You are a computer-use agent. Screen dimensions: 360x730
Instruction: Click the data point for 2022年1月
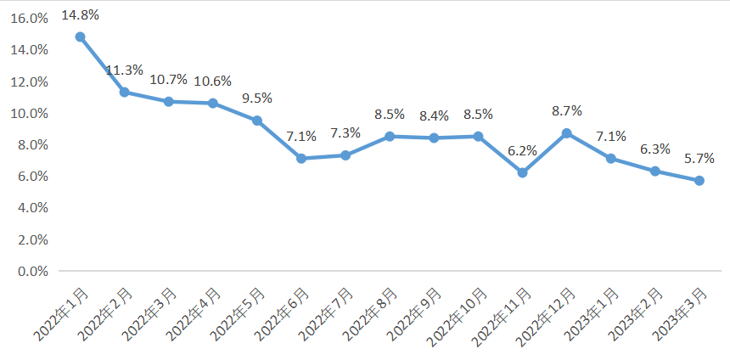[x=80, y=37]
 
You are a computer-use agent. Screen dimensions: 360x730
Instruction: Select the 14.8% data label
[x=81, y=14]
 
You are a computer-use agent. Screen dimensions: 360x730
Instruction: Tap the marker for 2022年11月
[x=522, y=172]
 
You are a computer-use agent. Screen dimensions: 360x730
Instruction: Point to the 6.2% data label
[x=522, y=150]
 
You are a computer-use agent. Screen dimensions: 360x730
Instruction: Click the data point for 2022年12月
[x=566, y=133]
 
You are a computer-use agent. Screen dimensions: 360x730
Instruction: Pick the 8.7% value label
[x=566, y=110]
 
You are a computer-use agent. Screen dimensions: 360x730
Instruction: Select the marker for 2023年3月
[x=699, y=180]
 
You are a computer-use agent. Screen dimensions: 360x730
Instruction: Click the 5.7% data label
[x=699, y=158]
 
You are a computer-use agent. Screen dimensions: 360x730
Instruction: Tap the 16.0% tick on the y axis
[x=30, y=19]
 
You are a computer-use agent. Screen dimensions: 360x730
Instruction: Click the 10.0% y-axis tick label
[x=30, y=114]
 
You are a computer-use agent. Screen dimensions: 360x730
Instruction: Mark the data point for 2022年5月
[x=256, y=121]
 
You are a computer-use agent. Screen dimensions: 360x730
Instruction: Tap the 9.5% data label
[x=256, y=98]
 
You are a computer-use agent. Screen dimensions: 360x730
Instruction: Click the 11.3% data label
[x=125, y=70]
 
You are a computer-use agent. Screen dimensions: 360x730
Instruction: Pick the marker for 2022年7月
[x=345, y=155]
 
